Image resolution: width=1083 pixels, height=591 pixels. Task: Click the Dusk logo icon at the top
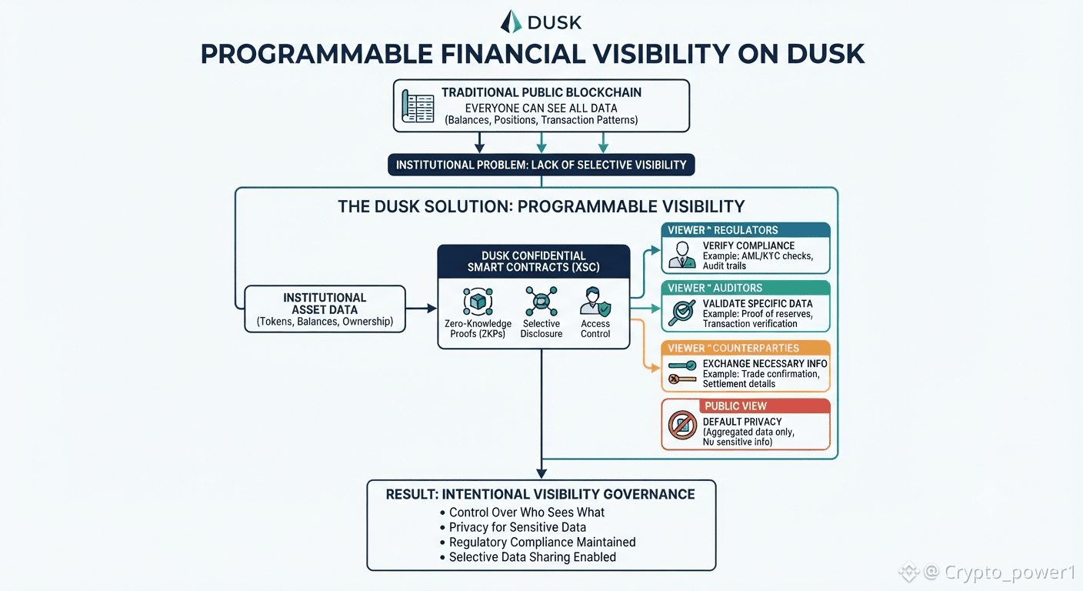pyautogui.click(x=511, y=22)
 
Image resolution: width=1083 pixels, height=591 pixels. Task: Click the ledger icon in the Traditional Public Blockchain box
pyautogui.click(x=418, y=106)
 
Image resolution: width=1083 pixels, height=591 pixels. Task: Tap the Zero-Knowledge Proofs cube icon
pyautogui.click(x=478, y=302)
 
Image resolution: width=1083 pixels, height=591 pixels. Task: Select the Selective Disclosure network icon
pyautogui.click(x=541, y=302)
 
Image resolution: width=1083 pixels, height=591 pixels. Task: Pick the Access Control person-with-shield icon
pyautogui.click(x=595, y=302)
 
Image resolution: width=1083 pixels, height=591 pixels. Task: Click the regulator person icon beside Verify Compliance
pyautogui.click(x=682, y=255)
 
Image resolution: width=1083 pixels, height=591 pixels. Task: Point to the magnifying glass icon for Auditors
pyautogui.click(x=681, y=312)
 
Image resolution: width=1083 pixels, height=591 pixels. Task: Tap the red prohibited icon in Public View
pyautogui.click(x=683, y=425)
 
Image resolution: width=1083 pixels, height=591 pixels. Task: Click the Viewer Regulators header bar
pyautogui.click(x=745, y=230)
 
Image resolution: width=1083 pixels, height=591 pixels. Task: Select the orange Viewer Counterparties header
pyautogui.click(x=745, y=348)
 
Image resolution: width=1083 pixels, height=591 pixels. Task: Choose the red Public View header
pyautogui.click(x=765, y=406)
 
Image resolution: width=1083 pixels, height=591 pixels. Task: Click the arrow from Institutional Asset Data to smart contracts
pyautogui.click(x=421, y=309)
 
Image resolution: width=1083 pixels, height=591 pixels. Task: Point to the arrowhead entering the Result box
pyautogui.click(x=541, y=473)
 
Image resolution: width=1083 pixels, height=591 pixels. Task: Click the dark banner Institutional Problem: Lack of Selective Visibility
pyautogui.click(x=541, y=165)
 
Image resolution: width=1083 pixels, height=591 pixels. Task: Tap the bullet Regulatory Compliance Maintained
pyautogui.click(x=538, y=543)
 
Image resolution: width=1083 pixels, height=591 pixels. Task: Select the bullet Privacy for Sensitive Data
pyautogui.click(x=512, y=527)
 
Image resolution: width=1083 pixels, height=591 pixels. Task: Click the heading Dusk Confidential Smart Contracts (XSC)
pyautogui.click(x=533, y=262)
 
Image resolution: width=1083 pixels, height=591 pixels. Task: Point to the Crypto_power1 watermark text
pyautogui.click(x=1010, y=573)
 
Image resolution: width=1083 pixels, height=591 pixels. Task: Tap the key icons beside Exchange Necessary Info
pyautogui.click(x=682, y=372)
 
